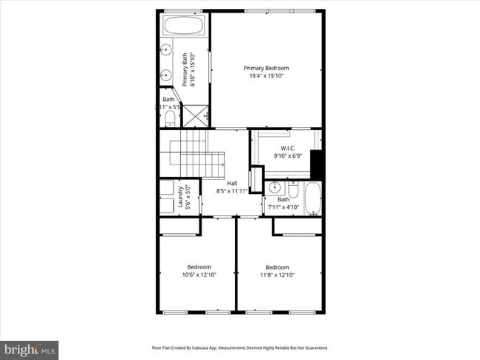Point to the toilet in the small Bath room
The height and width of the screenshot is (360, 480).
169,117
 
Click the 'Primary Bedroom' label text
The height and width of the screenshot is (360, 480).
266,68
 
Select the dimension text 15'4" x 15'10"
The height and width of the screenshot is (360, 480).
266,76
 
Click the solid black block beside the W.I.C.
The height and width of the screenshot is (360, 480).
318,163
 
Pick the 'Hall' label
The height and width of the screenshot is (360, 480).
232,183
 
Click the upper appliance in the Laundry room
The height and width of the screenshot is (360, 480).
166,187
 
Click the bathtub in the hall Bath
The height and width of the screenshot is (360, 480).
314,198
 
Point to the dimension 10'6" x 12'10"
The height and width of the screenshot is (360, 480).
199,275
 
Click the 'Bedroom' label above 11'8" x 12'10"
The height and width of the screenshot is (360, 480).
277,267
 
